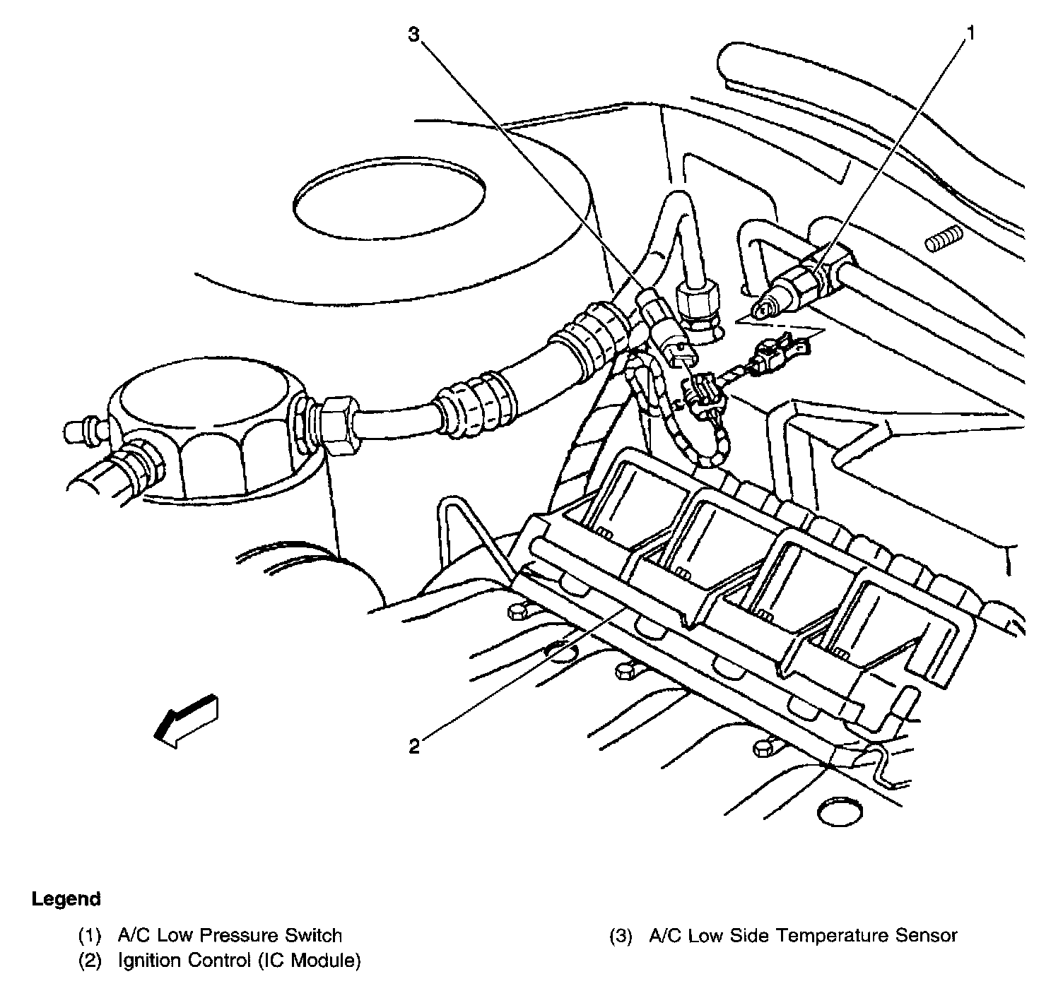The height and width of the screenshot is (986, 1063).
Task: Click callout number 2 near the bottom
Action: (415, 746)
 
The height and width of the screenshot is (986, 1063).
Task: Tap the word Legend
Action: (66, 899)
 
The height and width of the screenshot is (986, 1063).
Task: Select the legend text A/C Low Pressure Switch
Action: (230, 936)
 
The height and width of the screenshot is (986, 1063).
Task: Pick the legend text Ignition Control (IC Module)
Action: (239, 961)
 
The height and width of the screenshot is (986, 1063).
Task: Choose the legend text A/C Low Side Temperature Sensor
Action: (803, 936)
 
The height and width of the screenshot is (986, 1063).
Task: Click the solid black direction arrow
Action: (185, 719)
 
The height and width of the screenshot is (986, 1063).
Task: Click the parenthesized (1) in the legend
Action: (90, 936)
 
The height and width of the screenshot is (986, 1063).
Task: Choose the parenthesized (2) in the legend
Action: (90, 961)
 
